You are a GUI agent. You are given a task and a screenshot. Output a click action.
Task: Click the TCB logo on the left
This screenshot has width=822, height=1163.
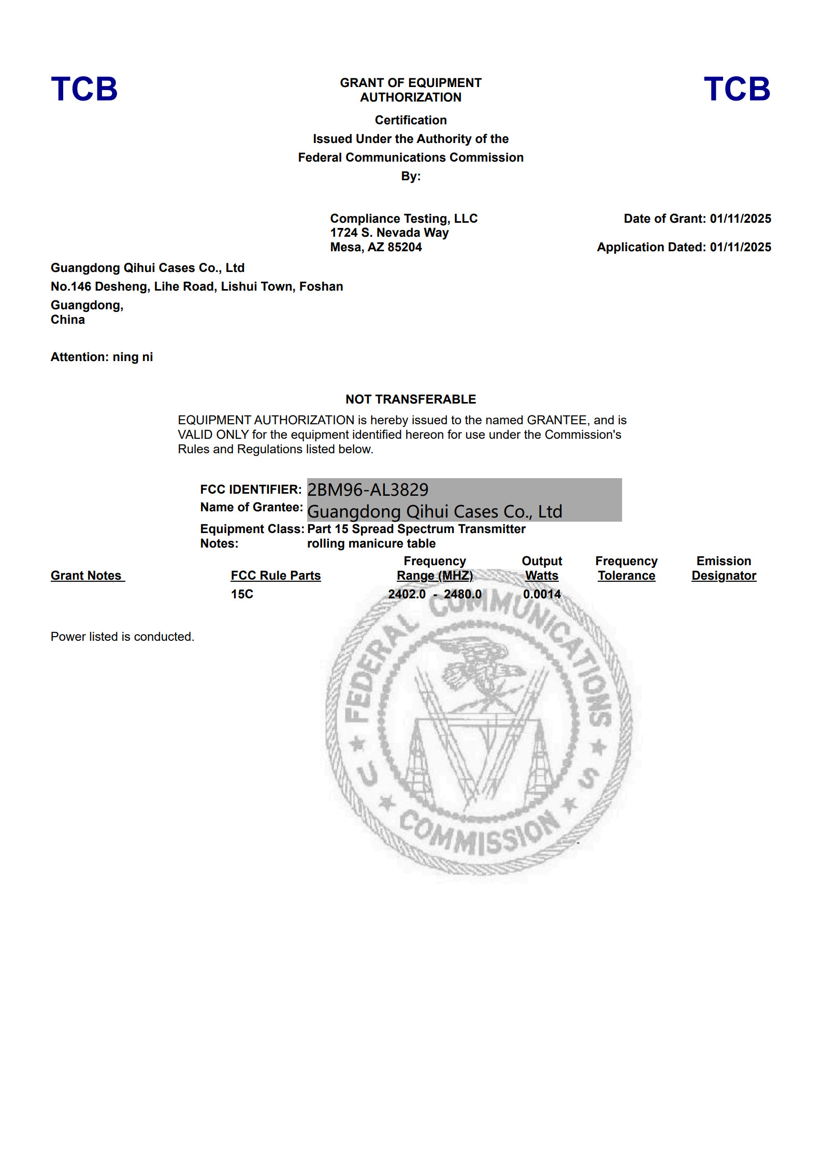(x=84, y=89)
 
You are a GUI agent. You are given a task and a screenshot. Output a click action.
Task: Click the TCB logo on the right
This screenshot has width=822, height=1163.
(x=737, y=89)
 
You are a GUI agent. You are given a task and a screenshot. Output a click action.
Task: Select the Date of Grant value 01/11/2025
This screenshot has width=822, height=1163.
(x=740, y=219)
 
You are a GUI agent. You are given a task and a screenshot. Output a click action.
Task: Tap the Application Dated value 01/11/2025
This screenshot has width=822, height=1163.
(x=740, y=247)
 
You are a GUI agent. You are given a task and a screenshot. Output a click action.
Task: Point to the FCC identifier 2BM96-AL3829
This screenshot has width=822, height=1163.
(x=368, y=490)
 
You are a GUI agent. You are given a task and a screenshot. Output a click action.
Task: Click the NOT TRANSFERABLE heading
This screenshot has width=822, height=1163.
(x=411, y=399)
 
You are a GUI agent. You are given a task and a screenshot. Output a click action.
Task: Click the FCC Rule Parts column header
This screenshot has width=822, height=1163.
(x=276, y=576)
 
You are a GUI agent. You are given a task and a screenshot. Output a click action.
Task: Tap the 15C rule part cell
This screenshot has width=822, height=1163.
(x=242, y=594)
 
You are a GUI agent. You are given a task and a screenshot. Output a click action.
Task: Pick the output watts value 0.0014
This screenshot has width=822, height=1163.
(x=542, y=594)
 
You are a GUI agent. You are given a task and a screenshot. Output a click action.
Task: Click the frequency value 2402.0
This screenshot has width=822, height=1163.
(x=407, y=594)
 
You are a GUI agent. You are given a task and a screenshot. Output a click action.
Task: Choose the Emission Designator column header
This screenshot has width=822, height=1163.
(x=724, y=568)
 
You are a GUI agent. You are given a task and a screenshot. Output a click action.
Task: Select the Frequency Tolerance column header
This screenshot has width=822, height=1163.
(x=626, y=568)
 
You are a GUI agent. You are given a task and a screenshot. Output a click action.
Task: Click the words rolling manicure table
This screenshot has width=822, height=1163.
(x=371, y=543)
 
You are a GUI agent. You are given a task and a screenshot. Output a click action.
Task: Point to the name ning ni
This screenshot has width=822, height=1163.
(x=133, y=357)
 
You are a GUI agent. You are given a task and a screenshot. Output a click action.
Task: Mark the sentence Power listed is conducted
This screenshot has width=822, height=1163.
(x=122, y=637)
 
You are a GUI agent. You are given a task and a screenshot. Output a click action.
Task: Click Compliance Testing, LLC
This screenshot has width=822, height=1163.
(x=404, y=219)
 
